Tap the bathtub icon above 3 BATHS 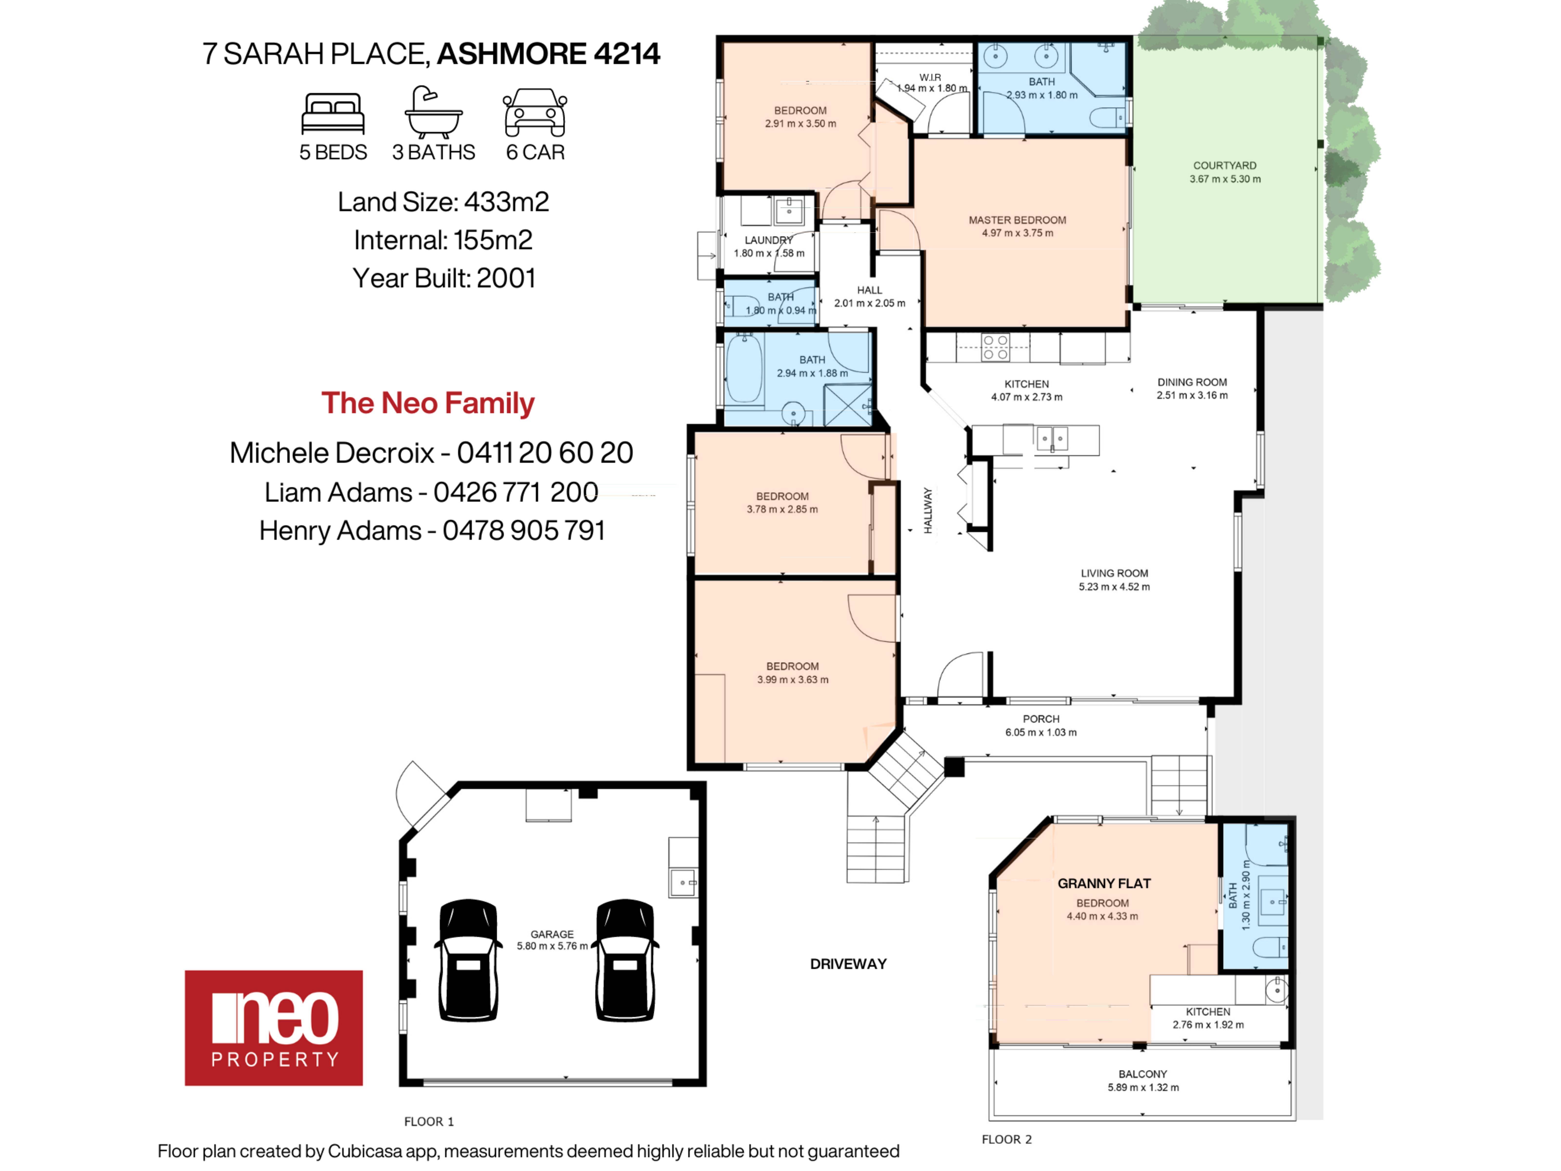(433, 111)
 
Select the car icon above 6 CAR (535, 112)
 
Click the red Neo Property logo (274, 1028)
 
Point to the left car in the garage (468, 960)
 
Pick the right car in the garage (625, 960)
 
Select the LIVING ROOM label (1114, 573)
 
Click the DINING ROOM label (1192, 382)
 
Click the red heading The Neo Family (428, 403)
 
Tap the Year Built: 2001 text (444, 278)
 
